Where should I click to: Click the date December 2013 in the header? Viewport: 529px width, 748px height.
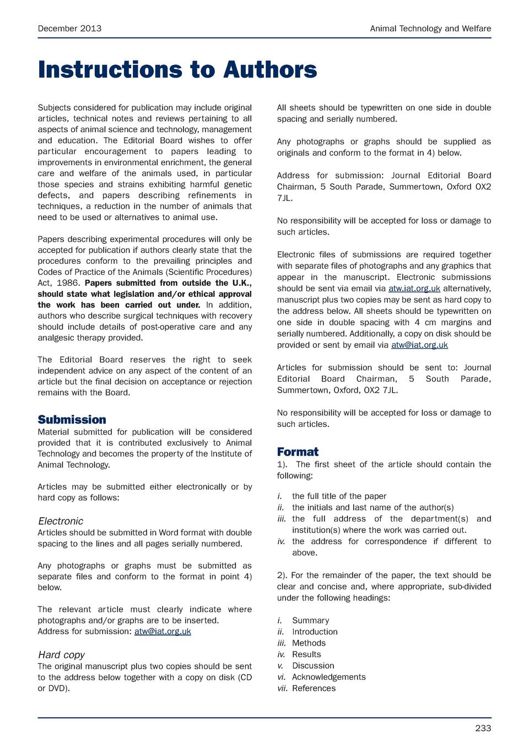pos(69,29)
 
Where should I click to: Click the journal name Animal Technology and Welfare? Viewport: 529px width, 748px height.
pos(430,29)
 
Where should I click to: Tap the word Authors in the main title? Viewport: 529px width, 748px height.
pos(270,70)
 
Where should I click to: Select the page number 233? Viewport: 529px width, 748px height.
pos(483,728)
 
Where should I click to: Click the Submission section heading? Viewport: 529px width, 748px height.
pos(72,420)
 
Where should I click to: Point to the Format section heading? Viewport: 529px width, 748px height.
pos(298,452)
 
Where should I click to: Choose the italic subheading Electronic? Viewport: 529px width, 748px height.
pos(61,521)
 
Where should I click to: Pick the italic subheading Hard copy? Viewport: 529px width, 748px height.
pos(61,655)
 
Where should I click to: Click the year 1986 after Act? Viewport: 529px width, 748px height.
pos(68,283)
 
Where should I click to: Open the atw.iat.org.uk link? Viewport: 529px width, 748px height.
pos(414,289)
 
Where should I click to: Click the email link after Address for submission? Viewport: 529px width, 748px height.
pos(163,631)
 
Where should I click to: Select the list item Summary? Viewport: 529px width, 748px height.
pos(310,620)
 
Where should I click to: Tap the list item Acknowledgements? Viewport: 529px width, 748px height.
pos(328,677)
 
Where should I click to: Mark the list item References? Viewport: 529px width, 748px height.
pos(314,688)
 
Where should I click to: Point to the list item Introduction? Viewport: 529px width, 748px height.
pos(315,632)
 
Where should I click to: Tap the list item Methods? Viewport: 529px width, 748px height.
pos(309,643)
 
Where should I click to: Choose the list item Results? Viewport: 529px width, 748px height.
pos(306,654)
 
